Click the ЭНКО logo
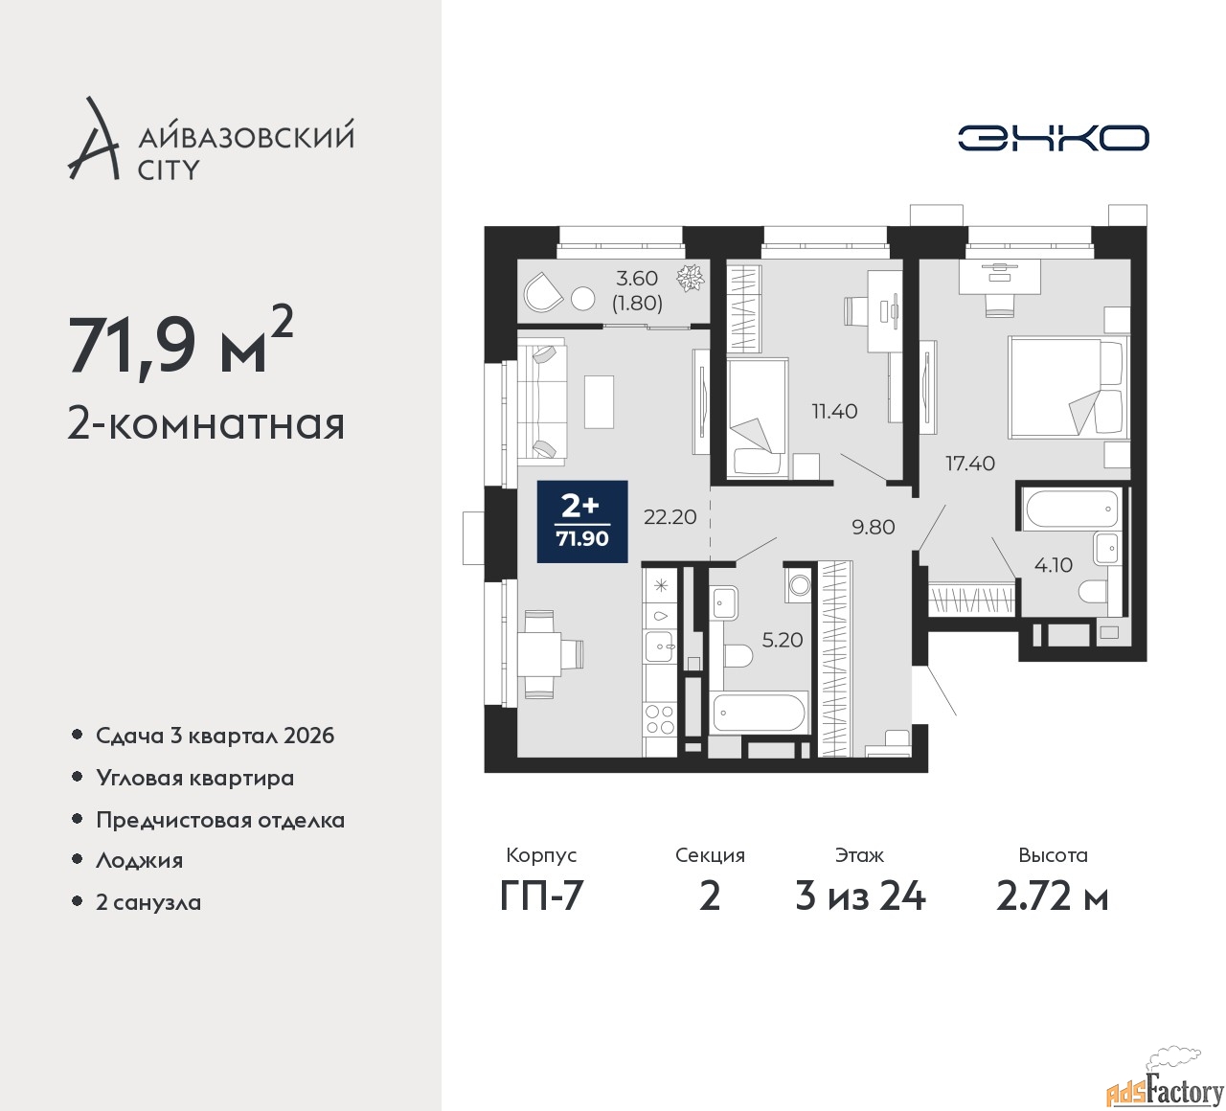[x=1053, y=138]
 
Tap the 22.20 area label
[x=670, y=517]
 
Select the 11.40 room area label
[x=834, y=411]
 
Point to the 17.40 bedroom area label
[x=970, y=464]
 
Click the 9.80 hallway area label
[x=874, y=527]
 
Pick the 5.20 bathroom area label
[x=783, y=640]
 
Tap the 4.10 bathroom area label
[x=1053, y=565]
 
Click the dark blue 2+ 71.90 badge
[x=582, y=521]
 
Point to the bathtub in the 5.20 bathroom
[x=760, y=712]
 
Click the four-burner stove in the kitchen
[x=660, y=719]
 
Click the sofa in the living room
[x=543, y=401]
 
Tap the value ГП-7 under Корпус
[x=541, y=897]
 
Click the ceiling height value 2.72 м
[x=1053, y=897]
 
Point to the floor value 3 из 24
[x=860, y=897]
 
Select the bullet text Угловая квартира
[x=195, y=779]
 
